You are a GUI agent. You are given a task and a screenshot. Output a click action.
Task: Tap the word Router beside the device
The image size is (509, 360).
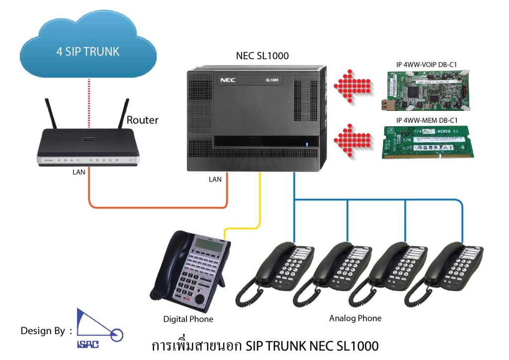pyautogui.click(x=142, y=120)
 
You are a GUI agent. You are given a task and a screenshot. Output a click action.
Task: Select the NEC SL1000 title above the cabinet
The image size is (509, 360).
pyautogui.click(x=262, y=56)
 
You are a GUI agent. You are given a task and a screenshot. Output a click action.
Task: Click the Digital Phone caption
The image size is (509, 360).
pyautogui.click(x=188, y=319)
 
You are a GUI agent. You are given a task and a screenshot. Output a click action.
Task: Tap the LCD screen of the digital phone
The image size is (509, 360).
pyautogui.click(x=206, y=245)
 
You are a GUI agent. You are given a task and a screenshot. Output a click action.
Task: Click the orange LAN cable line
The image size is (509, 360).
pyautogui.click(x=159, y=204)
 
